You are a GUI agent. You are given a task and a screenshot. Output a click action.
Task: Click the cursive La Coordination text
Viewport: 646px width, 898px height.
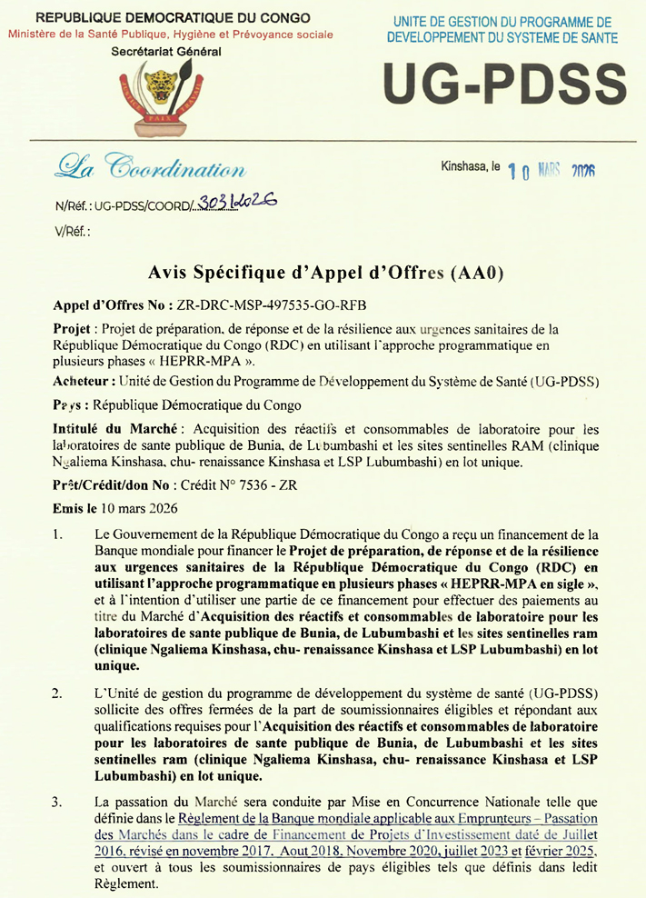pyautogui.click(x=151, y=167)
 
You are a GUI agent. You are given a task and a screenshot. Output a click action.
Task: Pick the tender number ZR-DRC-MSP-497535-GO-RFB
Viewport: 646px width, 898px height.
pyautogui.click(x=269, y=305)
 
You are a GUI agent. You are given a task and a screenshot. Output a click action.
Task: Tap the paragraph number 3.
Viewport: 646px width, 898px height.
pyautogui.click(x=58, y=802)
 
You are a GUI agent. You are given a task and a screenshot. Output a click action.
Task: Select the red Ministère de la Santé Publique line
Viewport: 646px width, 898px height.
pyautogui.click(x=170, y=35)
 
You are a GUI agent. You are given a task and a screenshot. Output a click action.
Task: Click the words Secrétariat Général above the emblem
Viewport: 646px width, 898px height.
pyautogui.click(x=165, y=52)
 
